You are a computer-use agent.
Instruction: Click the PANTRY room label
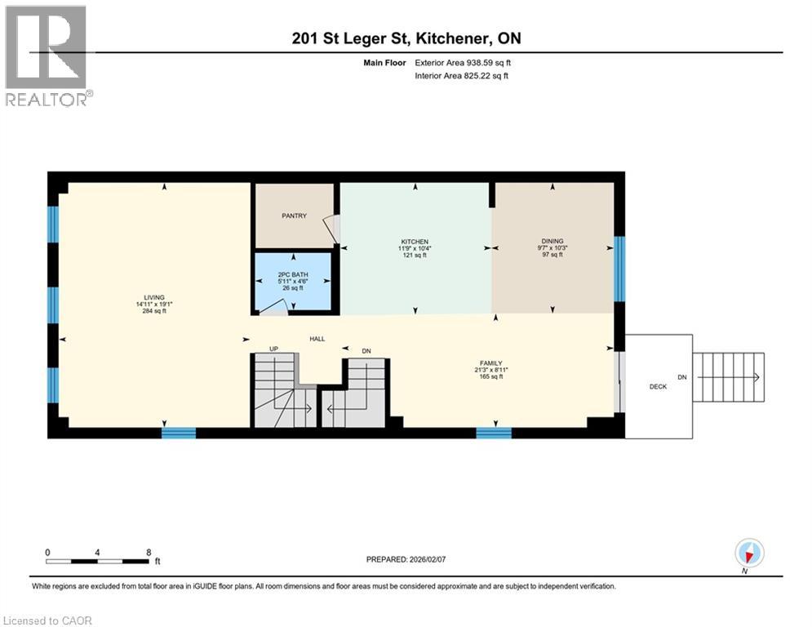[294, 216]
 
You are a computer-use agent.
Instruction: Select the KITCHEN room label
[415, 242]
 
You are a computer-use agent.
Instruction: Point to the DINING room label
[552, 242]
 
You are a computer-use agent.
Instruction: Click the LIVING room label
[154, 297]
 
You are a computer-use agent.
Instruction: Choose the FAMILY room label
[490, 362]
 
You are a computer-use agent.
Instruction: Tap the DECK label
[658, 387]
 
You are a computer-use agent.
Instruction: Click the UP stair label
[273, 349]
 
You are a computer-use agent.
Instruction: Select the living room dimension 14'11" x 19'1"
[154, 305]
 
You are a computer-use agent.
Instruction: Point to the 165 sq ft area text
[490, 376]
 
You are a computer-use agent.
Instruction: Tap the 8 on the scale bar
[149, 552]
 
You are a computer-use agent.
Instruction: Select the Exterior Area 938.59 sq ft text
[464, 62]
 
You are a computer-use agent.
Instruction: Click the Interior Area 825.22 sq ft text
[464, 76]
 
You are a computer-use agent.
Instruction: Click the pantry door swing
[330, 229]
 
